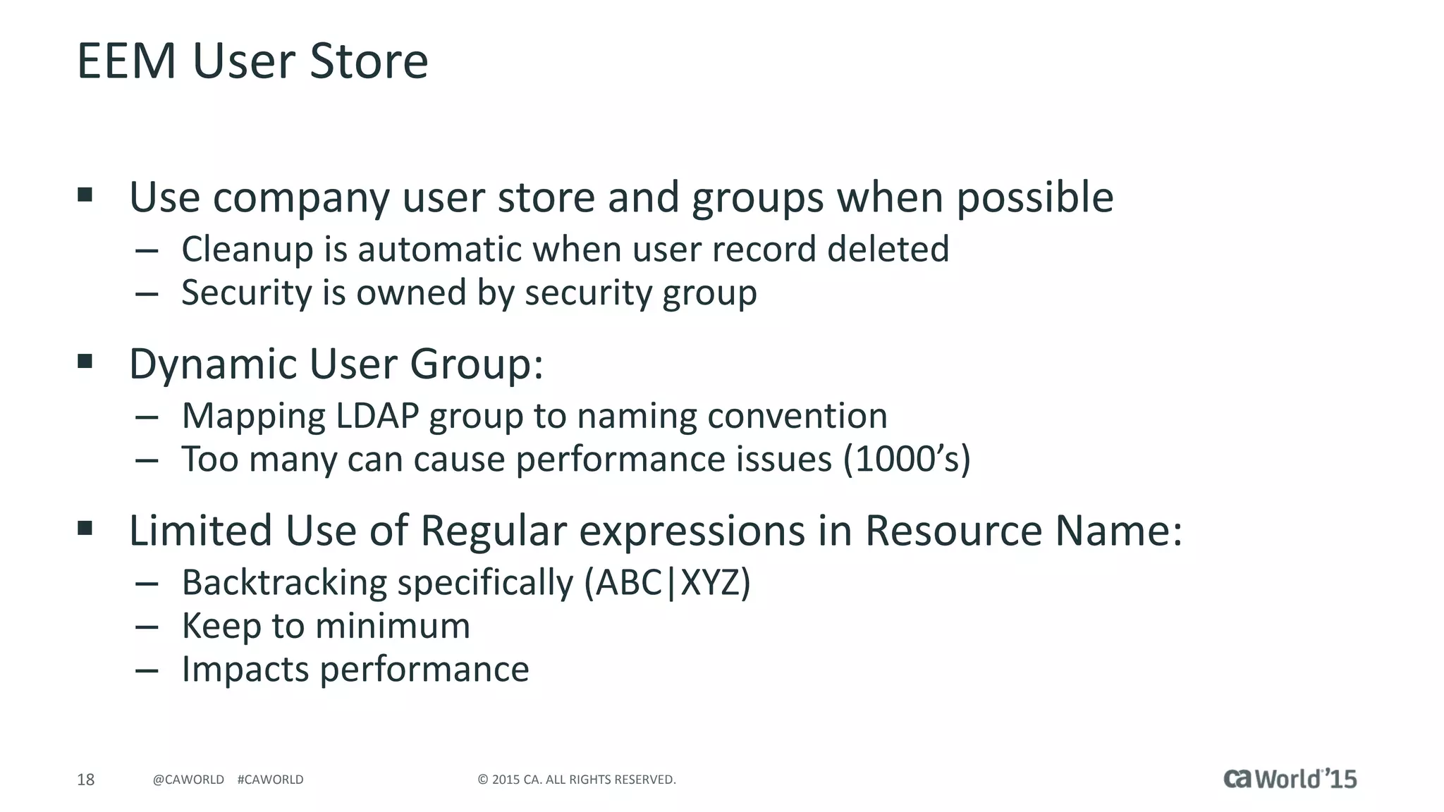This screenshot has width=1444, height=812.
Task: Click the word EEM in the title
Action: pyautogui.click(x=126, y=61)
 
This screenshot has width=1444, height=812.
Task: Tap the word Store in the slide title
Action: pyautogui.click(x=369, y=61)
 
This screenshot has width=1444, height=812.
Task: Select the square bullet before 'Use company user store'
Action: pyautogui.click(x=85, y=195)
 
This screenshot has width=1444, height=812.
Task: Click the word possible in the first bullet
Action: pyautogui.click(x=1034, y=198)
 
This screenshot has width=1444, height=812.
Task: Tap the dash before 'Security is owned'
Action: pyautogui.click(x=147, y=293)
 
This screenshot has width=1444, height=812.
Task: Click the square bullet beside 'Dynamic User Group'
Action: pyautogui.click(x=85, y=362)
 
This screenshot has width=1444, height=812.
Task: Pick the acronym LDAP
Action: pyautogui.click(x=377, y=416)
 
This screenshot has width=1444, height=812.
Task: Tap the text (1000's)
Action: pyautogui.click(x=907, y=460)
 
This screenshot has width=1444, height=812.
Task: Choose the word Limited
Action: pyautogui.click(x=200, y=531)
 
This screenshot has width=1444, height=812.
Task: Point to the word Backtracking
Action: pyautogui.click(x=284, y=583)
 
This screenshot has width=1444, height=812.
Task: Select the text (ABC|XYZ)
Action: pyautogui.click(x=667, y=583)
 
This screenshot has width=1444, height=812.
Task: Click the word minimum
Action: pyautogui.click(x=392, y=626)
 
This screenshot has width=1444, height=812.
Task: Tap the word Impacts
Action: pyautogui.click(x=245, y=670)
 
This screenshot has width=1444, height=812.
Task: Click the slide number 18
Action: pyautogui.click(x=85, y=780)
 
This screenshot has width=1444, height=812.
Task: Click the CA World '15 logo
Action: pyautogui.click(x=1290, y=779)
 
